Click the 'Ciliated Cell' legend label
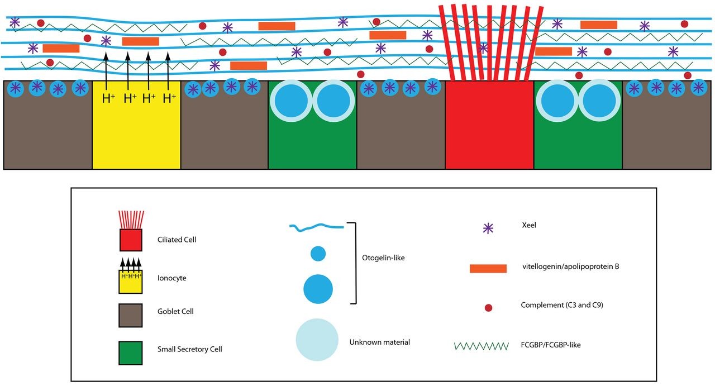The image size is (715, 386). coord(177,240)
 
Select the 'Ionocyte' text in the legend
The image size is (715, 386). coord(171,276)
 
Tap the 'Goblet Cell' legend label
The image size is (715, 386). coord(175,311)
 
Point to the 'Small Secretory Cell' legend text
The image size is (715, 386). coord(189,349)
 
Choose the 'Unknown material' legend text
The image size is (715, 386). coord(379,342)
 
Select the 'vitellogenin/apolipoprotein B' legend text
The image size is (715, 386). coord(570,266)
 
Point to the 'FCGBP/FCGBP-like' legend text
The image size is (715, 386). coord(551,345)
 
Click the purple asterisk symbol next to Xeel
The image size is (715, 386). coord(488,228)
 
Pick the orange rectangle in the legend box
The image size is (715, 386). coord(488,269)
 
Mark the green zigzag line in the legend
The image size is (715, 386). coord(482,346)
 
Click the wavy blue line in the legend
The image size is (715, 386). coord(316,226)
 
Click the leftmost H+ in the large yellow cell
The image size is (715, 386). coord(109,99)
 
